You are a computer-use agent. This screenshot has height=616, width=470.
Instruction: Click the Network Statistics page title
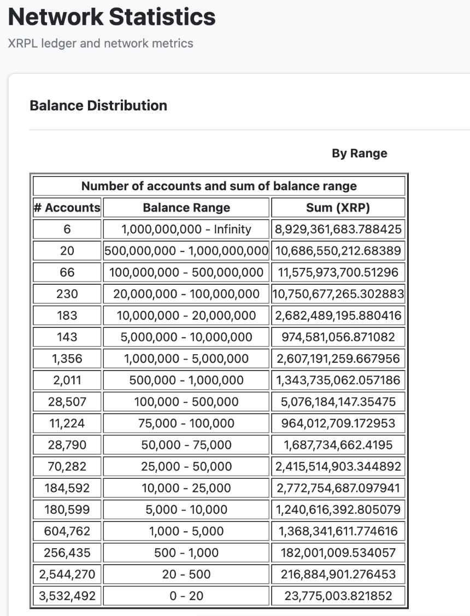[x=112, y=17]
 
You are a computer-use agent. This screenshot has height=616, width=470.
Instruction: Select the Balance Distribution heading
[x=98, y=105]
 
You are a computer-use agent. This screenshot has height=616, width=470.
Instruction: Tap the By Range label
[x=359, y=154]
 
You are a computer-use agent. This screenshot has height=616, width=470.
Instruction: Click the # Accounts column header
[x=67, y=208]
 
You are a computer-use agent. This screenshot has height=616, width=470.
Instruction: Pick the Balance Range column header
[x=186, y=208]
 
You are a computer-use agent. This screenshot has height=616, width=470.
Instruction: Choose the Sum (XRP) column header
[x=338, y=208]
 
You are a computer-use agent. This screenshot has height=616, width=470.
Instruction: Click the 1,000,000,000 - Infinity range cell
[x=186, y=229]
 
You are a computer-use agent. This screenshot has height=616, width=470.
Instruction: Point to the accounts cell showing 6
[x=67, y=229]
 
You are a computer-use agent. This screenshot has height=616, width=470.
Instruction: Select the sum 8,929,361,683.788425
[x=338, y=229]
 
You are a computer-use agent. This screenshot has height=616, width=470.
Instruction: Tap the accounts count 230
[x=67, y=294]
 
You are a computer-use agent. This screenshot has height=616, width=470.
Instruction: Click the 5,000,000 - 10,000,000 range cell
[x=186, y=337]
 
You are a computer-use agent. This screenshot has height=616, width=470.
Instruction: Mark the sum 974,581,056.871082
[x=338, y=337]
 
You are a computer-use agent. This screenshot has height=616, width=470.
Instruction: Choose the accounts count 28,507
[x=67, y=402]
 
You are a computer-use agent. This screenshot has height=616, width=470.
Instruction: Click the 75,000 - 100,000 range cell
[x=186, y=423]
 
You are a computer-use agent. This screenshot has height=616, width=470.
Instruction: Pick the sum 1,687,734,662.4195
[x=338, y=445]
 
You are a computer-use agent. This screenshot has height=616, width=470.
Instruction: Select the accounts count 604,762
[x=67, y=531]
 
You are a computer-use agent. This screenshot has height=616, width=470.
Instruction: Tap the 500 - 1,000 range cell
[x=186, y=553]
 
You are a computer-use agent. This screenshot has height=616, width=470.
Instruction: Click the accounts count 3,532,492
[x=67, y=596]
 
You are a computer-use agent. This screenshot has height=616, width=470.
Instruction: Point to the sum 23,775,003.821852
[x=338, y=596]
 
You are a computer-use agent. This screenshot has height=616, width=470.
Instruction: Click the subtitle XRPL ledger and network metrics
[x=101, y=43]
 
